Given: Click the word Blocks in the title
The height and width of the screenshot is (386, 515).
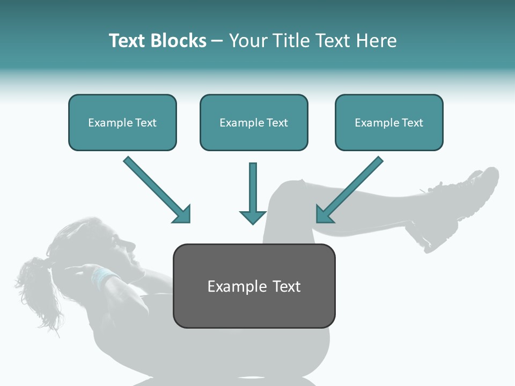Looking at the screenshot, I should point(180,41).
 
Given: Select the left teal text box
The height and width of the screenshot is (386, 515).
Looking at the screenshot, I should point(122,122).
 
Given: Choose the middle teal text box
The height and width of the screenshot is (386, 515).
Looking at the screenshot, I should point(254,122).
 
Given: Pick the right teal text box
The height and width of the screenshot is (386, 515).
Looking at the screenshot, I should point(389,122).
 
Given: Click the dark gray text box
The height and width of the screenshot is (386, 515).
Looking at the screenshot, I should point(254,286).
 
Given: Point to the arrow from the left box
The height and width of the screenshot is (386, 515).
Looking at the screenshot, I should point(156,189).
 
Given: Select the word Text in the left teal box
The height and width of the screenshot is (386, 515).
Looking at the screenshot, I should point(146,122).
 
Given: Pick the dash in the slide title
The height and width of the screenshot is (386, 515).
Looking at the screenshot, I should point(217,41).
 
